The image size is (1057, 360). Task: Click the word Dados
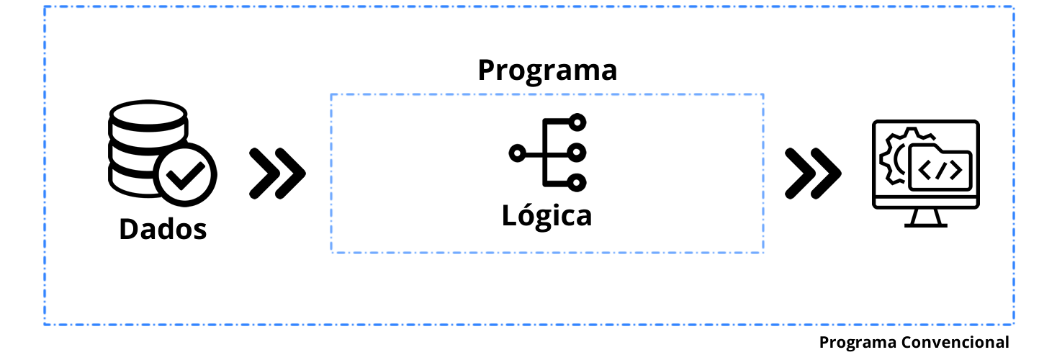point(163,229)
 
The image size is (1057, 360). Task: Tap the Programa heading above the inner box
point(547,71)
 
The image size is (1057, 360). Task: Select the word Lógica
point(547,216)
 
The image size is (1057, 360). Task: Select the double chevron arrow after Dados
point(277,173)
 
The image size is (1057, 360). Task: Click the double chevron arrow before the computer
point(812,173)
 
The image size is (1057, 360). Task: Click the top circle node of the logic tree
point(576,124)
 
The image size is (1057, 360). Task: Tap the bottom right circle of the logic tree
point(576,181)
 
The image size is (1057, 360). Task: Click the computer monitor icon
point(925,171)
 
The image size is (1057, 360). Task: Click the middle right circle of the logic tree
point(576,153)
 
